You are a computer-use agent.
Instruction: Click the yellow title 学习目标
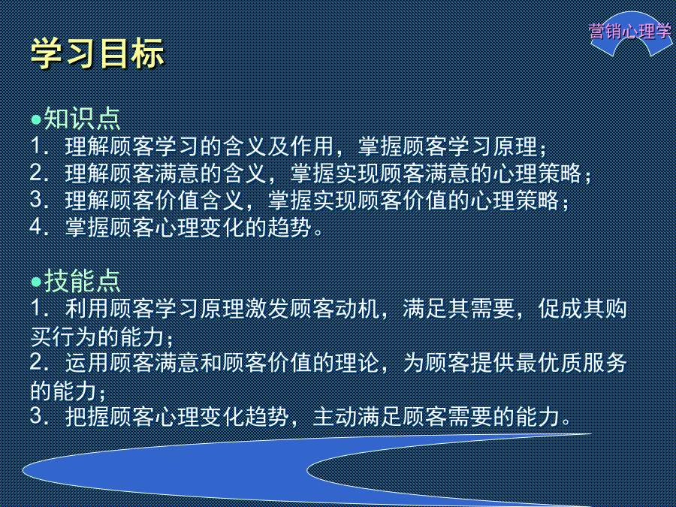98,53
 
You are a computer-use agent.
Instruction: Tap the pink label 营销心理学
630,32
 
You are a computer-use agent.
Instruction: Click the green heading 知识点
82,119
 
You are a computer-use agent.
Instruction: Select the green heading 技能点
82,281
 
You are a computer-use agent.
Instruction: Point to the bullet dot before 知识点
36,119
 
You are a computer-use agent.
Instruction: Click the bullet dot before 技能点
36,282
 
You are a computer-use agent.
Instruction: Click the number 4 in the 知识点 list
36,227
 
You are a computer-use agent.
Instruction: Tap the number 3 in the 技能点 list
36,415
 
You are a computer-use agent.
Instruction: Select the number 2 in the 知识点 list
36,173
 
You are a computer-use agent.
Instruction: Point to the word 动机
358,309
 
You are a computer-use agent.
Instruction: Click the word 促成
560,309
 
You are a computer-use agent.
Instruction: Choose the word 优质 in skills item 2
560,363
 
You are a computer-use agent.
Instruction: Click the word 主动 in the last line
335,416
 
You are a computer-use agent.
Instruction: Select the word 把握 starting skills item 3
87,416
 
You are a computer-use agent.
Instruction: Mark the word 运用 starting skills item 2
87,363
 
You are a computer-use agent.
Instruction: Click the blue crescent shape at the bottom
173,470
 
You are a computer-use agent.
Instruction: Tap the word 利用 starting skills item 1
87,309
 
